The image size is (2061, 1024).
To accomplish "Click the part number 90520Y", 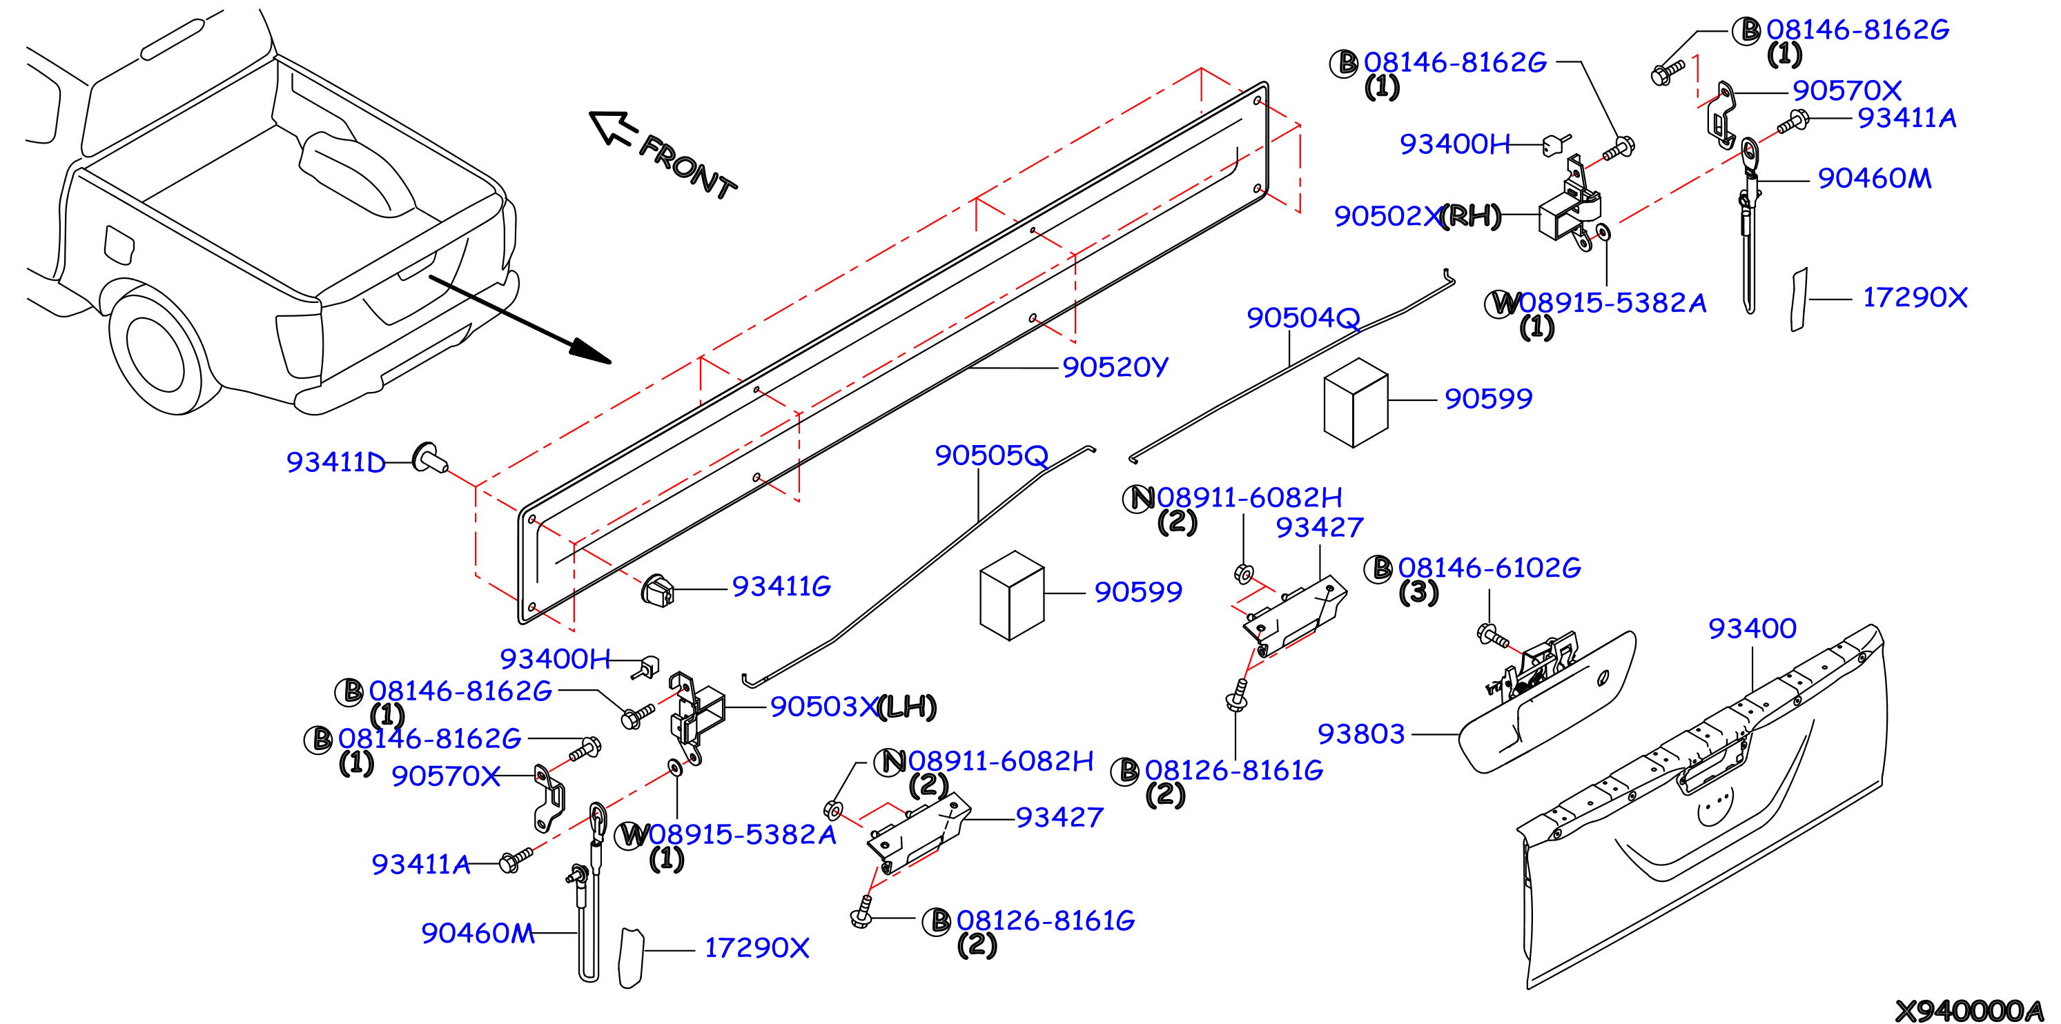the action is [1115, 367].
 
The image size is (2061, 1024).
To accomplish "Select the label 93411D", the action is [336, 462].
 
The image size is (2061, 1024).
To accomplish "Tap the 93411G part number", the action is [782, 587].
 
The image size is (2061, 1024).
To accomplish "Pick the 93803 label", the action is [1361, 733].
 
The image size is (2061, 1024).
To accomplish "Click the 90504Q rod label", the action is [1303, 317].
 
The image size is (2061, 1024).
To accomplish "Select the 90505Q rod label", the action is [991, 455].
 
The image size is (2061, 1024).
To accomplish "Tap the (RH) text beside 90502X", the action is [1471, 215].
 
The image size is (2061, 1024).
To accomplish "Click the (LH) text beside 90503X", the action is [906, 707].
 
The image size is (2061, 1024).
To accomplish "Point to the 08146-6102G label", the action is [1489, 568].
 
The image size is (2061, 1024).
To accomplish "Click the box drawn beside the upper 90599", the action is [1356, 402].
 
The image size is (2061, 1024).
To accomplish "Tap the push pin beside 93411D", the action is [429, 458].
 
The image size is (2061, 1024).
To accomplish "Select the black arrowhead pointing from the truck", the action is [589, 351].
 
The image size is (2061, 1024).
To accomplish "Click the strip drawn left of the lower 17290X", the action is [632, 958].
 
